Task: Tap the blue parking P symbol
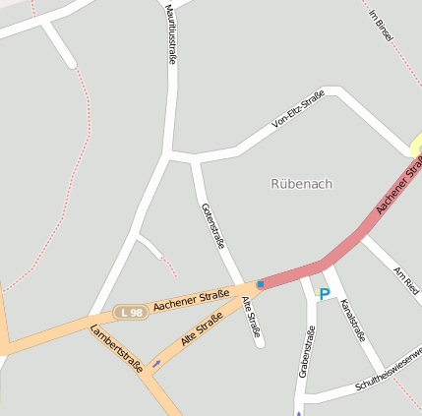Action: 324,293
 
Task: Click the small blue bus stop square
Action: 260,284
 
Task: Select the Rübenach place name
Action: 301,183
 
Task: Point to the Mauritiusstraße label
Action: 171,34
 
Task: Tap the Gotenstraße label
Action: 212,227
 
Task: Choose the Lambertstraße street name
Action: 116,347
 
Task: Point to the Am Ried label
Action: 405,280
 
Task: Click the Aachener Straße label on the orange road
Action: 192,298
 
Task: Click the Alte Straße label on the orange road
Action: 202,329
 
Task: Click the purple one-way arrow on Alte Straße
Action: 156,364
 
